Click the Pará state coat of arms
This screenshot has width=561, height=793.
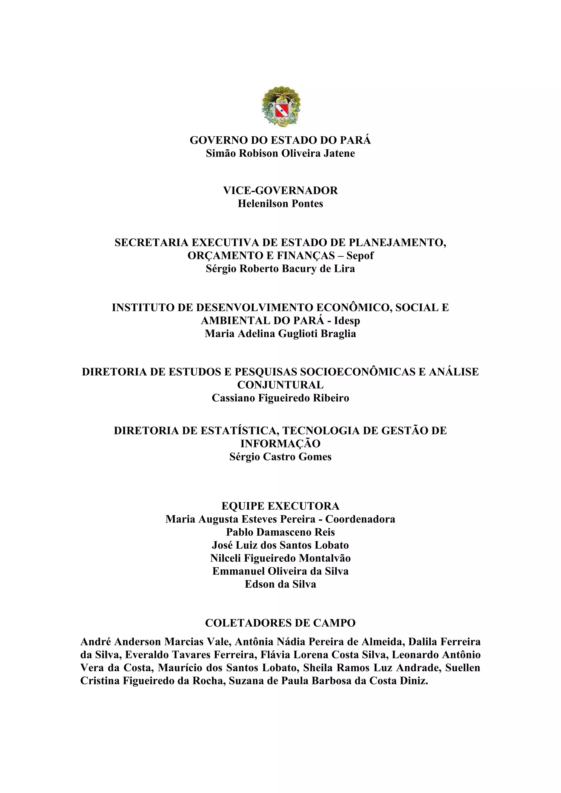point(281,106)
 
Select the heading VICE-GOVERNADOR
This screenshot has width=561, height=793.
point(280,191)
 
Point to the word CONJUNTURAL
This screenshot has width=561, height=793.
point(280,385)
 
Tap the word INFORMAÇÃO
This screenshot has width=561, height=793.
point(280,444)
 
